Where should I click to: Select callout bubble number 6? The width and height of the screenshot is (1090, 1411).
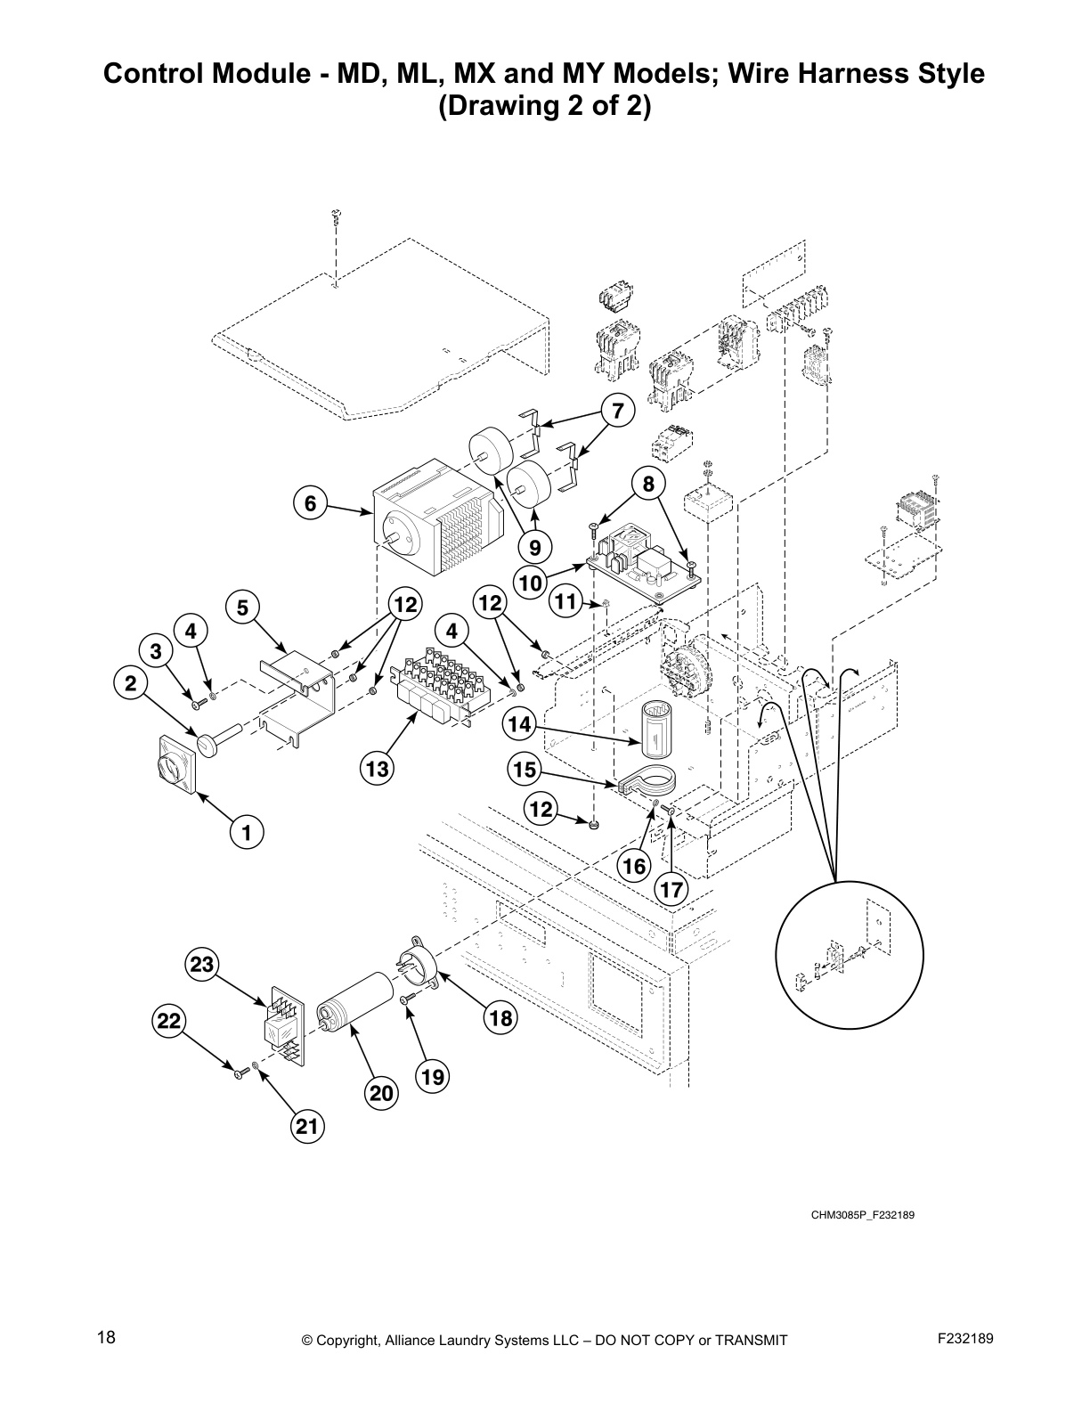pyautogui.click(x=310, y=503)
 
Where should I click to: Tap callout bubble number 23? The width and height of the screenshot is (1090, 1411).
pyautogui.click(x=202, y=964)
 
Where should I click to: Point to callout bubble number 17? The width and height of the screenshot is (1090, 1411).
pyautogui.click(x=671, y=888)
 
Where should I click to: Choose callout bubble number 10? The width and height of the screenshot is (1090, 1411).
pyautogui.click(x=530, y=583)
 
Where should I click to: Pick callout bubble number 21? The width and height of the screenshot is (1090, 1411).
pyautogui.click(x=306, y=1127)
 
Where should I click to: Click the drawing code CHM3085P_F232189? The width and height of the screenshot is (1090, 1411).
pyautogui.click(x=862, y=1213)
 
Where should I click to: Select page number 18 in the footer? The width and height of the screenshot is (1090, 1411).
pyautogui.click(x=106, y=1338)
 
